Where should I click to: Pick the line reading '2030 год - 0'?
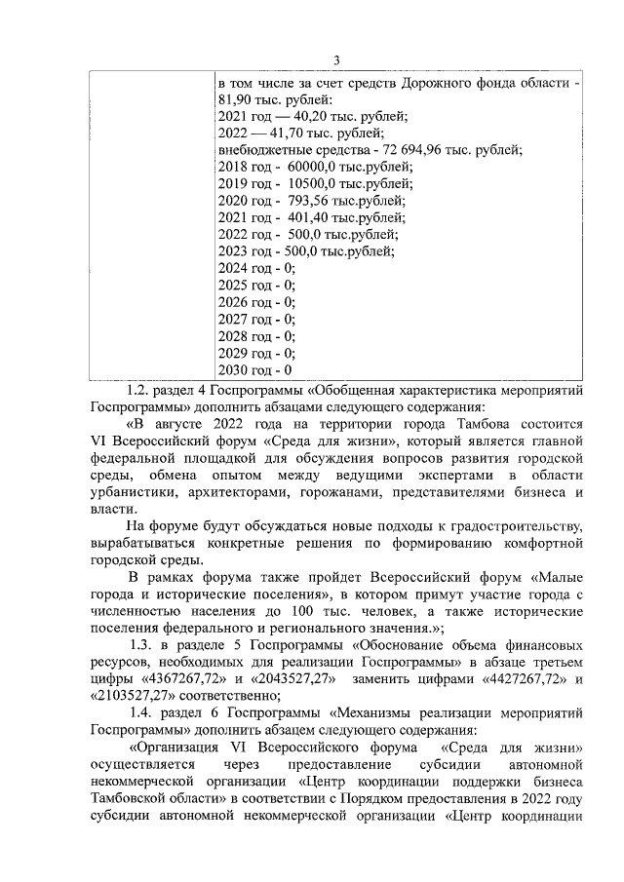pos(255,370)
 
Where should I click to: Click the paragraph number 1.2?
pos(142,389)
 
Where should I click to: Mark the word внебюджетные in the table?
pos(263,150)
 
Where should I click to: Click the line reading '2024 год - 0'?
pos(255,268)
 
